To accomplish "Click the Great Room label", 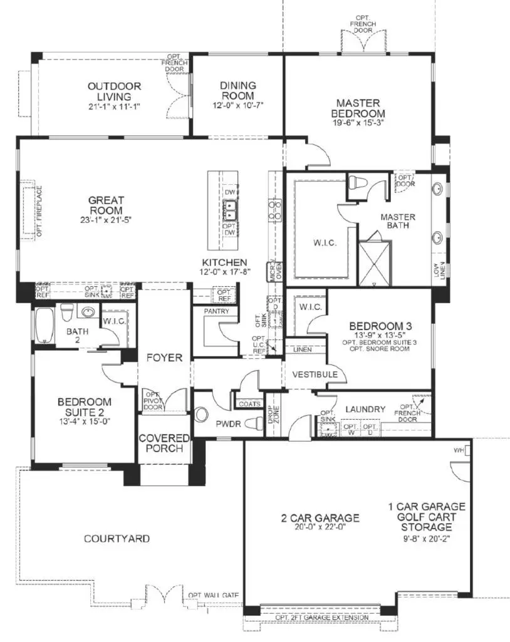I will pyautogui.click(x=105, y=205).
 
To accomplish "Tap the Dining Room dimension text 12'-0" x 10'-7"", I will pyautogui.click(x=237, y=105).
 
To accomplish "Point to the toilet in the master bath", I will pyautogui.click(x=358, y=183).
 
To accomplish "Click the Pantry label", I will pyautogui.click(x=216, y=311).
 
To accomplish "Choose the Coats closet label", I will pyautogui.click(x=246, y=404).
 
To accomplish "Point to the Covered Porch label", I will pyautogui.click(x=160, y=443).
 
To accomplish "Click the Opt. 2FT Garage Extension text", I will pyautogui.click(x=322, y=618).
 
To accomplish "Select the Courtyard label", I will pyautogui.click(x=117, y=538).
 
